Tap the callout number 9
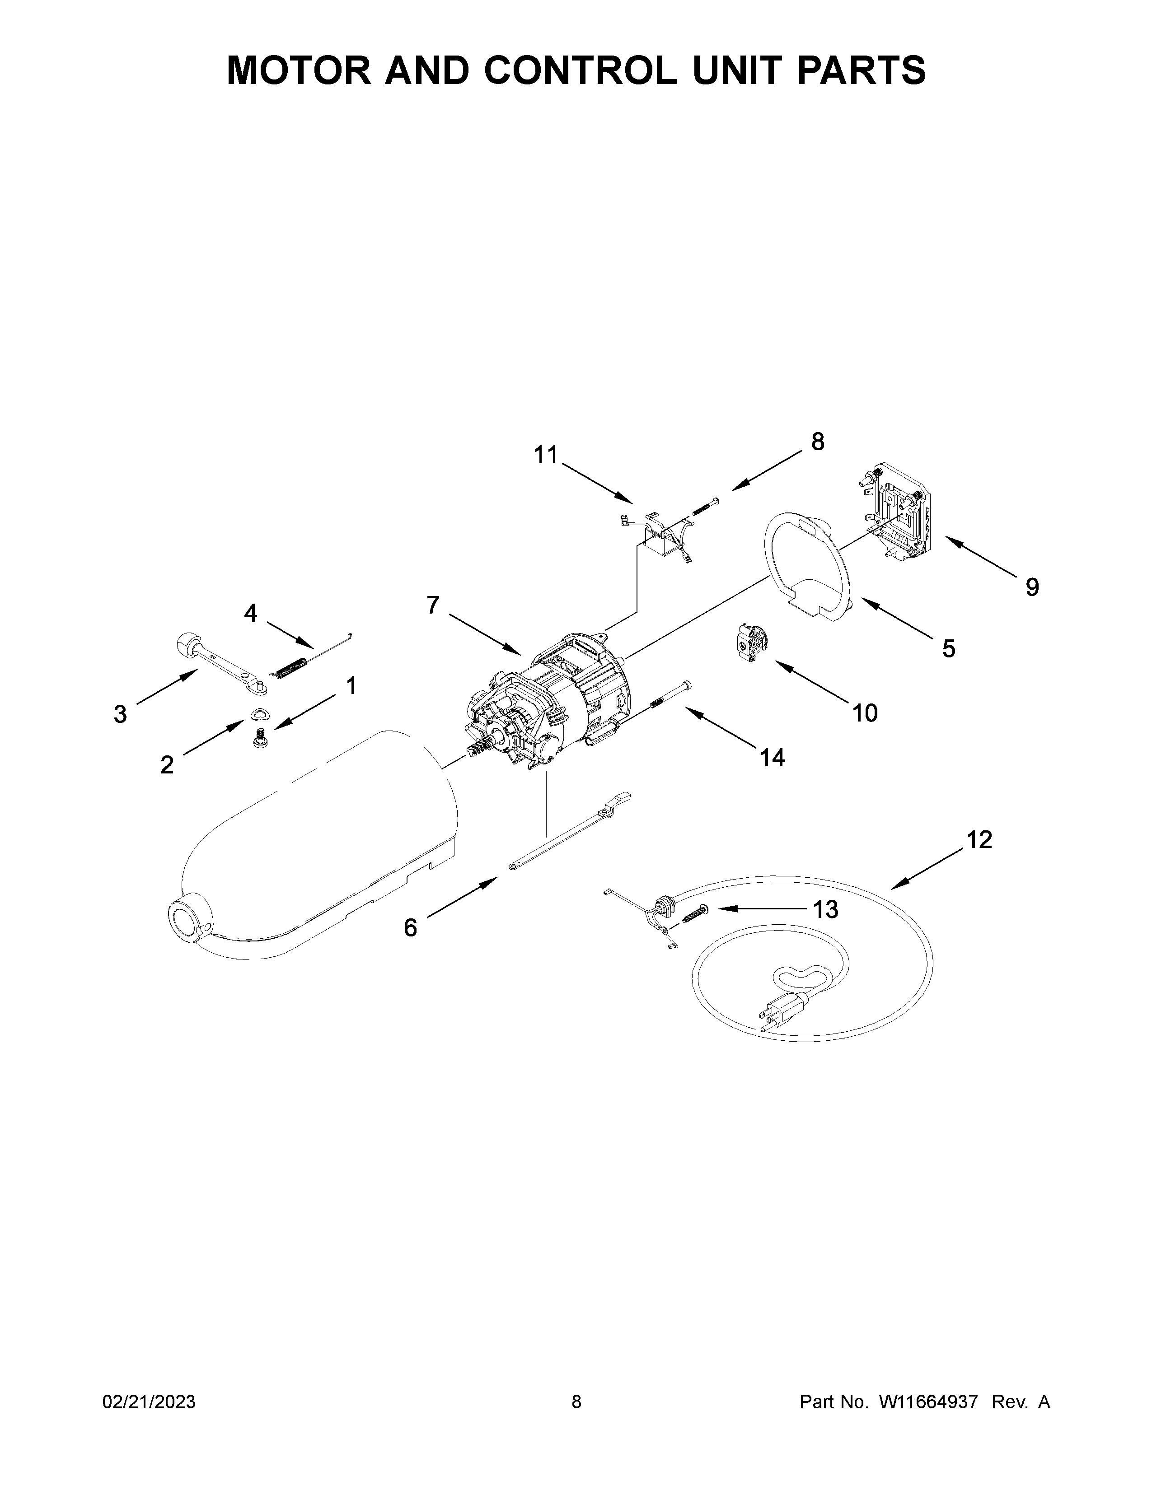pyautogui.click(x=1032, y=587)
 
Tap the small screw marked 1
pyautogui.click(x=259, y=737)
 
